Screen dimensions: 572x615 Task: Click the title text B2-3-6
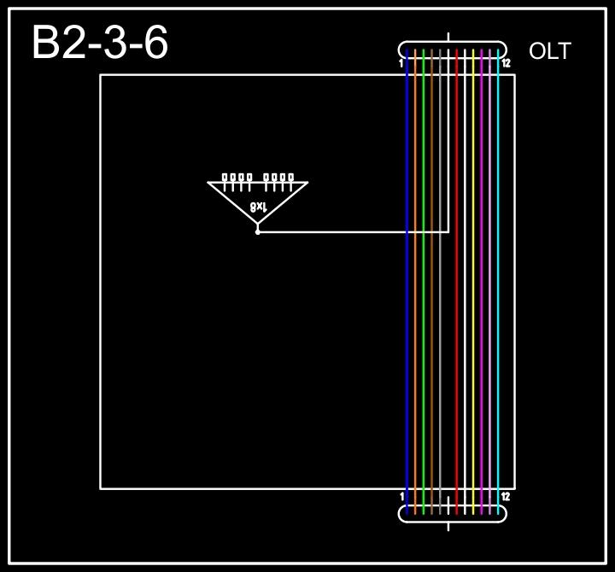click(x=100, y=43)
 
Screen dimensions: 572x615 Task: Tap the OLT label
click(x=549, y=51)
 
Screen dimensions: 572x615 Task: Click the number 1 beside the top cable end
click(x=401, y=63)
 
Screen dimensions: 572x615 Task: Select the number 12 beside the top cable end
click(x=506, y=63)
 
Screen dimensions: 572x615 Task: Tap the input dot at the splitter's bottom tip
click(x=257, y=231)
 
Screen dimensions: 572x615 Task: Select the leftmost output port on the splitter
click(x=225, y=178)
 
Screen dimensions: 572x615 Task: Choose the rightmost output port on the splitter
click(x=290, y=178)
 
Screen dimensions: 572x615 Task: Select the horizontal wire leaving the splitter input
click(x=342, y=231)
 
